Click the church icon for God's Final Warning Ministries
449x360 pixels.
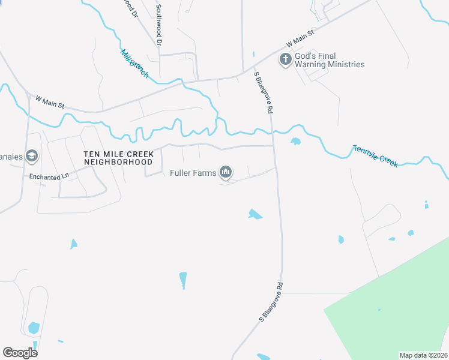[x=286, y=59]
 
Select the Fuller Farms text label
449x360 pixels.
[x=191, y=173]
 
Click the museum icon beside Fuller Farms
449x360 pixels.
[x=226, y=173]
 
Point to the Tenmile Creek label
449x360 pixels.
[x=375, y=156]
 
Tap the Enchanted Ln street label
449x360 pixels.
[x=49, y=177]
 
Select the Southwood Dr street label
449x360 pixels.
[x=159, y=25]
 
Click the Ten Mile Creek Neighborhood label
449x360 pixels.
[x=118, y=158]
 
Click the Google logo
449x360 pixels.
[x=20, y=352]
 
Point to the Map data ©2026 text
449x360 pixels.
[x=423, y=355]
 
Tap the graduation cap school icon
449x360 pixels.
[x=32, y=157]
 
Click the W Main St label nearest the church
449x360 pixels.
[x=300, y=40]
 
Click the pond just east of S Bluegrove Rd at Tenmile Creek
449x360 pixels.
[x=295, y=142]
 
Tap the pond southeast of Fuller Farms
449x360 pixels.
[x=255, y=214]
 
